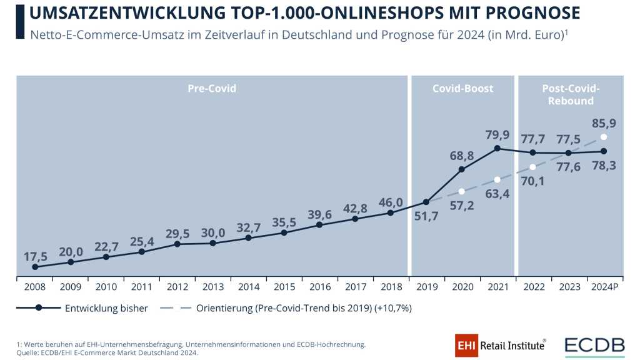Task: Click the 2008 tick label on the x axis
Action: coord(34,287)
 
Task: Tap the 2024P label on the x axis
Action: coord(604,287)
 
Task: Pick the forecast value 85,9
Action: coord(604,123)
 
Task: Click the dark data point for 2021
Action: coord(497,148)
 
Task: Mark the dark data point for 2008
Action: coord(35,267)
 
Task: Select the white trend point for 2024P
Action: coord(604,137)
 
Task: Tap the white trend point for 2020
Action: coord(461,191)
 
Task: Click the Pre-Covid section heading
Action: coord(212,89)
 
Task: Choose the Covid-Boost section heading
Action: coord(462,89)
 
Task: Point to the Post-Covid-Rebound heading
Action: coord(571,94)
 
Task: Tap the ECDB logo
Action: coord(594,345)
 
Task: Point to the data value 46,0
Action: coord(389,202)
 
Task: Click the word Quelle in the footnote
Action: coord(28,353)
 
